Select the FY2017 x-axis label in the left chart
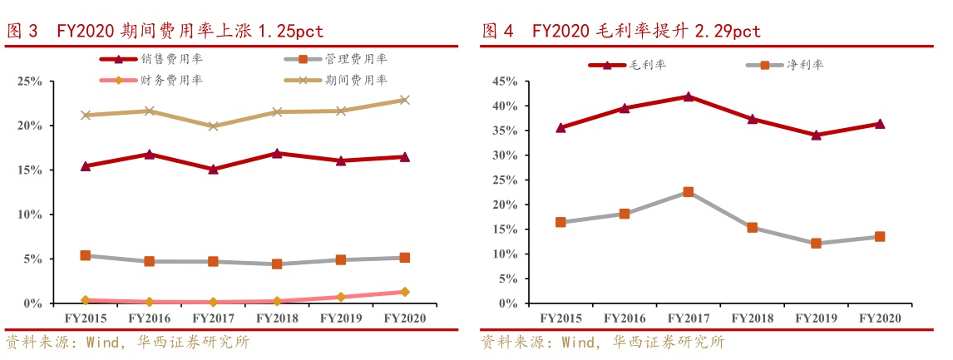pos(213,318)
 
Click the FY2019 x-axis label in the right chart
pos(816,318)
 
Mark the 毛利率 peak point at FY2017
pos(689,96)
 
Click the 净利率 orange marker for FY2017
pos(689,192)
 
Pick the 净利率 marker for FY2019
pos(816,244)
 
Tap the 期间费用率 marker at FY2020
pos(404,100)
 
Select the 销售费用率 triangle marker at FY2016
pos(149,154)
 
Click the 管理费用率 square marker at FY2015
pos(85,255)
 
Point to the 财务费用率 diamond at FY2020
pos(404,292)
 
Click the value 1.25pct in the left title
pos(289,32)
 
